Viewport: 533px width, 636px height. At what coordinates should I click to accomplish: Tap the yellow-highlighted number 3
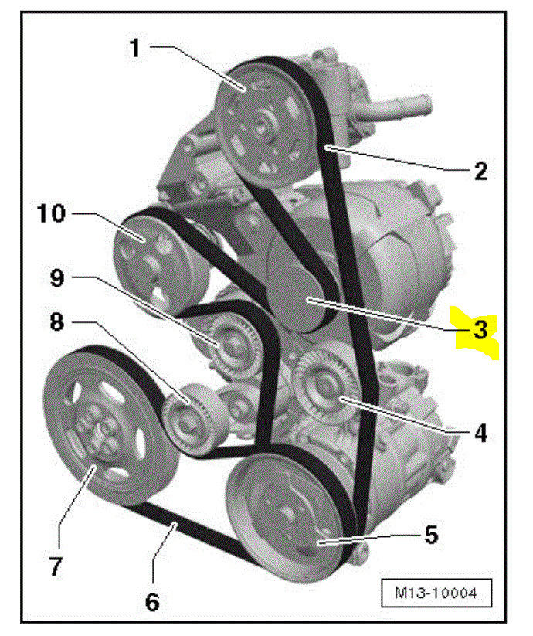(x=480, y=330)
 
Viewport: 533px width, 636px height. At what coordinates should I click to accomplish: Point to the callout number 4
(x=480, y=434)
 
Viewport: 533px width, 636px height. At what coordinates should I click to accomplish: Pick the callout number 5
(x=430, y=533)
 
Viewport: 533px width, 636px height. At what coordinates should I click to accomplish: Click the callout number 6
(x=152, y=600)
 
